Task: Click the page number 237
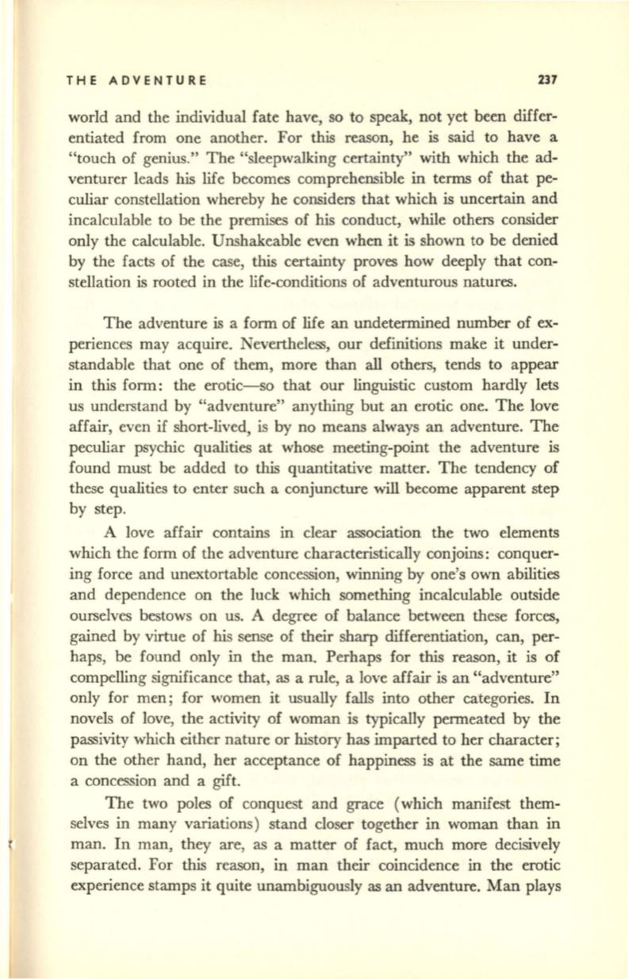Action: tap(548, 79)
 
